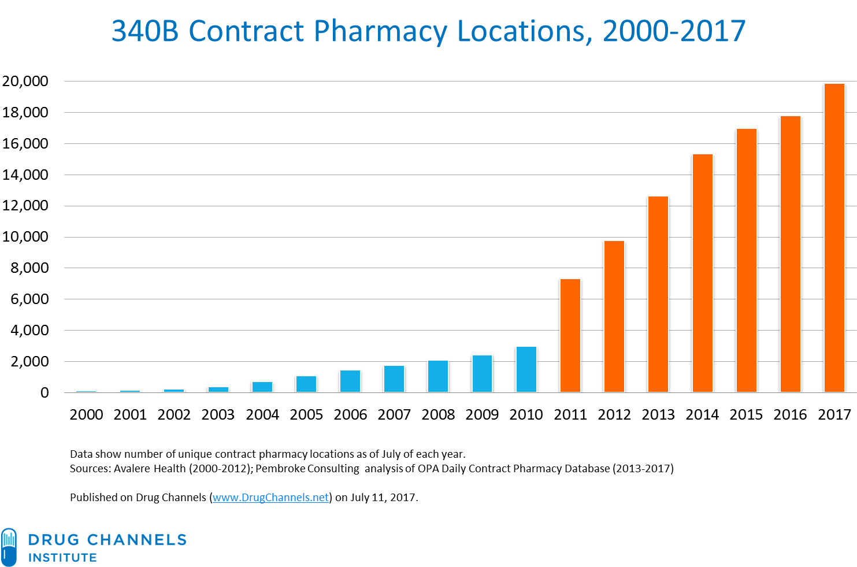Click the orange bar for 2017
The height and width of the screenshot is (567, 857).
click(834, 238)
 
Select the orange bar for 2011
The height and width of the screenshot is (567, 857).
click(570, 335)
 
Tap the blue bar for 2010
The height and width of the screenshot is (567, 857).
click(526, 369)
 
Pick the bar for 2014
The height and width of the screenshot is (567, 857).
click(702, 273)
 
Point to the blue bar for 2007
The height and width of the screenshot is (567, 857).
click(394, 379)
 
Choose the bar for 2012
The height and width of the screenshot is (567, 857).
click(614, 316)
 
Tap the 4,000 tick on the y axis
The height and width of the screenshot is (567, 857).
click(29, 331)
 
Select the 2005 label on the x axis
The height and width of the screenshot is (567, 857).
click(306, 414)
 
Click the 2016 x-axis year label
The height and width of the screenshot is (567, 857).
click(790, 414)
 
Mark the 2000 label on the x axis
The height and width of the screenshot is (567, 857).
click(86, 414)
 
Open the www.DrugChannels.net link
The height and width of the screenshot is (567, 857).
click(270, 498)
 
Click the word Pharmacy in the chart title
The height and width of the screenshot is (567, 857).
click(380, 31)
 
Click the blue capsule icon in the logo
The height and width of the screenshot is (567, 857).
click(9, 547)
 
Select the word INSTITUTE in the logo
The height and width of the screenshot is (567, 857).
click(62, 558)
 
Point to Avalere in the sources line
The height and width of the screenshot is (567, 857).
click(132, 469)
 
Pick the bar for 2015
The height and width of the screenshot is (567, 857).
click(746, 260)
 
